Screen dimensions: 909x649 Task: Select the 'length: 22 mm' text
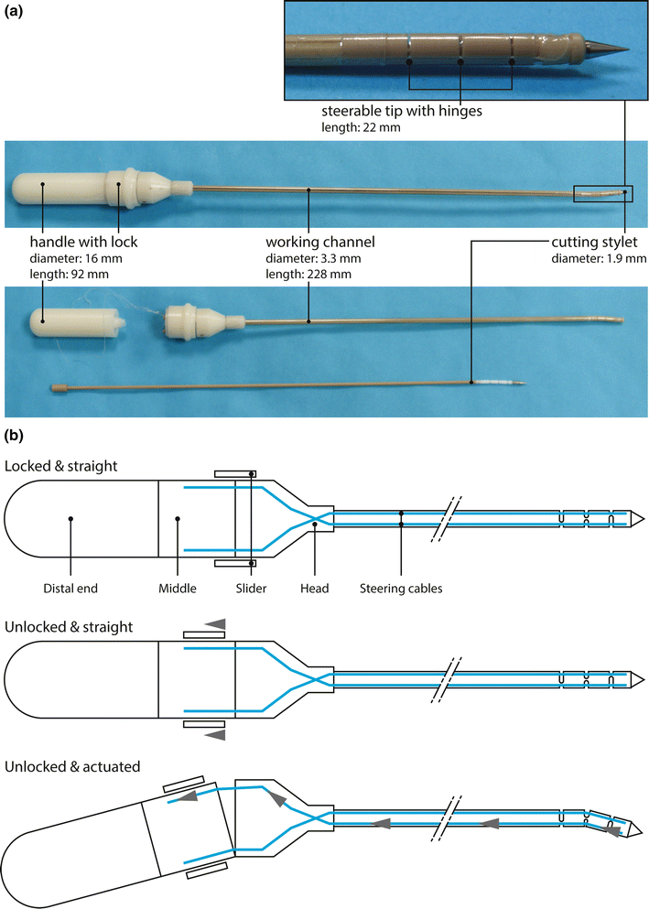point(361,128)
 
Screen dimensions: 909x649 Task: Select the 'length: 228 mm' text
point(309,274)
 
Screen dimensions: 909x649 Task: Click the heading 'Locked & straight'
point(59,465)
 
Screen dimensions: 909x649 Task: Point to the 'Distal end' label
point(70,589)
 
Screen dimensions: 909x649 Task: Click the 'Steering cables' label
point(401,589)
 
